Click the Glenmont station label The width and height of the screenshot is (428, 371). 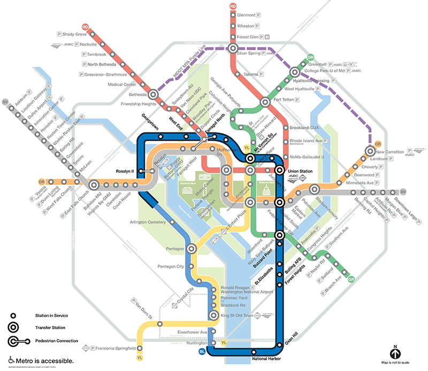pyautogui.click(x=249, y=15)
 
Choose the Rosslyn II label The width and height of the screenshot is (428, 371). pyautogui.click(x=127, y=172)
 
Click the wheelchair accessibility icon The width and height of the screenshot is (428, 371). pyautogui.click(x=10, y=360)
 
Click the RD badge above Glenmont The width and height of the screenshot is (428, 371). pyautogui.click(x=233, y=6)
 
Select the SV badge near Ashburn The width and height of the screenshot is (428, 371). pyautogui.click(x=6, y=102)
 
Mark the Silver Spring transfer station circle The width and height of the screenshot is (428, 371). pyautogui.click(x=233, y=49)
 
